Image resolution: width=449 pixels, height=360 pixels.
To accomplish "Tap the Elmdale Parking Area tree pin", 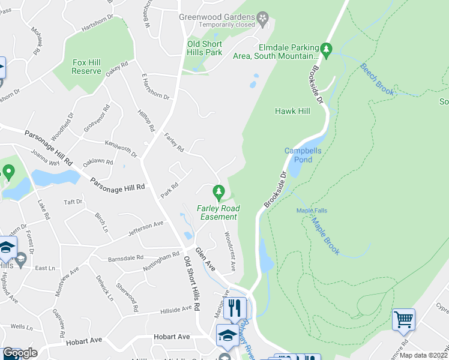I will pos(327,50).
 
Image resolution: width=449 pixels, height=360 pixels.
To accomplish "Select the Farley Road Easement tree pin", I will pos(218,193).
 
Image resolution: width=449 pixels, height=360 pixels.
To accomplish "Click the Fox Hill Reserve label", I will pos(86,67).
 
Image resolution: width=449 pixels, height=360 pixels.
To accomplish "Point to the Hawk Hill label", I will pos(292,111).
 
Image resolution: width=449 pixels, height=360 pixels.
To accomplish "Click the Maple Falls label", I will pos(311,211).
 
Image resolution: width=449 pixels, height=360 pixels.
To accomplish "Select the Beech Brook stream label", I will pos(377,79).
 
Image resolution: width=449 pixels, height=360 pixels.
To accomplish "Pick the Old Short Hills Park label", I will pos(205,48).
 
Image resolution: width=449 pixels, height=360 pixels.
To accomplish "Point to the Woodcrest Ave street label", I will pos(229,251).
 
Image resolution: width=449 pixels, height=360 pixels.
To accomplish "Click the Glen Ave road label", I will pos(204,259).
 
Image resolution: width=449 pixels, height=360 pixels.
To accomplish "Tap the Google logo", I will pos(20,353).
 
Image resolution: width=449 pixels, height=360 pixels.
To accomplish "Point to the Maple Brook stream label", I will pos(325,235).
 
